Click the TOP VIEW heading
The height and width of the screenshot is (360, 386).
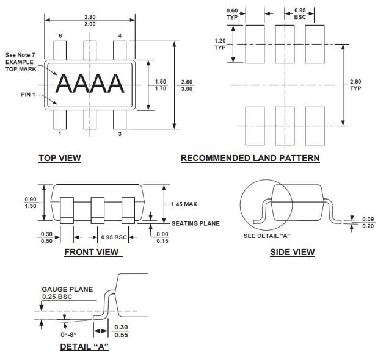[60, 159]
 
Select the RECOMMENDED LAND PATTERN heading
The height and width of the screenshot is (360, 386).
[250, 159]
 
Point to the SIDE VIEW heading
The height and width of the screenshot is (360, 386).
[293, 252]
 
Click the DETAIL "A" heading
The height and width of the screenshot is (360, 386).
[84, 347]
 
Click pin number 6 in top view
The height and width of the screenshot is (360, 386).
[60, 36]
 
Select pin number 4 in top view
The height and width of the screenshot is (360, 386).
[120, 36]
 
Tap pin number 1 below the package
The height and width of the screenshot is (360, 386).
[60, 134]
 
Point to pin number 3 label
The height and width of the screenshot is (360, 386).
[120, 134]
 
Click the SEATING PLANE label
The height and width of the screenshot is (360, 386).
[195, 223]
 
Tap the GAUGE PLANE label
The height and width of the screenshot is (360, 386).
[67, 289]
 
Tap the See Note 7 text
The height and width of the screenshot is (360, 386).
[21, 54]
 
